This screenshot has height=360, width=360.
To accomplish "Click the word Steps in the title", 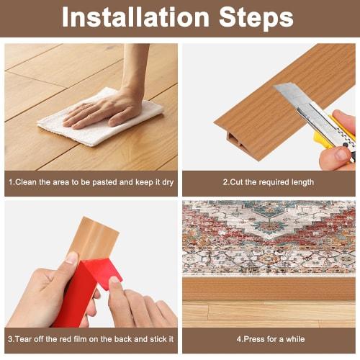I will tap(255, 17).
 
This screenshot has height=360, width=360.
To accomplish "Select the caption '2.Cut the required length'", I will tap(268, 182).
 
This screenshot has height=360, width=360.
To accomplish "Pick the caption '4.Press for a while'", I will tap(270, 338).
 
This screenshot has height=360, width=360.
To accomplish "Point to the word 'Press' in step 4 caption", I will tap(255, 338).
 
